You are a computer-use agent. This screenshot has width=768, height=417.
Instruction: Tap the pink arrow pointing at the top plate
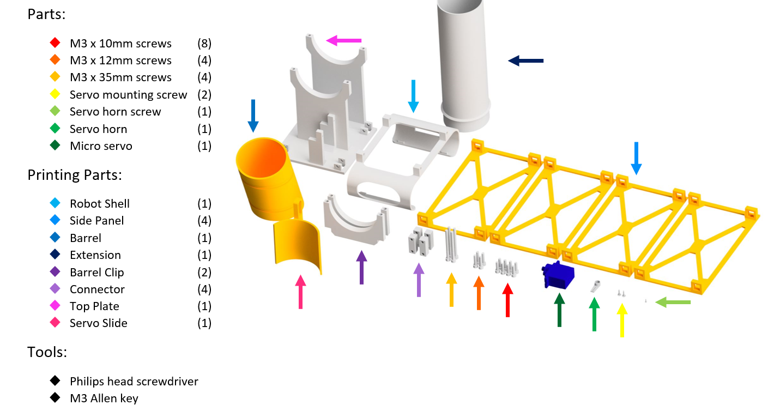point(344,40)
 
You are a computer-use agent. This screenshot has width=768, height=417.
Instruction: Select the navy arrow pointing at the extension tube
point(525,61)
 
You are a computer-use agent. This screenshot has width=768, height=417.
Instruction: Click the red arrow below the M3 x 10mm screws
point(507,299)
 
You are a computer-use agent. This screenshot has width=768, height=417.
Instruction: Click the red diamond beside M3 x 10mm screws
point(55,43)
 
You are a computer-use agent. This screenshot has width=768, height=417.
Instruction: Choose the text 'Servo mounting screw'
point(128,95)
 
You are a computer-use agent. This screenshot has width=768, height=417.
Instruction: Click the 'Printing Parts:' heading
point(75,175)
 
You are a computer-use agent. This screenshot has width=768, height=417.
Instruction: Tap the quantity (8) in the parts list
point(204,44)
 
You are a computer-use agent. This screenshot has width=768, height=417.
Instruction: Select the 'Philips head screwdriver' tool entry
point(134,382)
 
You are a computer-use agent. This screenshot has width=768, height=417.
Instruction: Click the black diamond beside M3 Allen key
point(55,398)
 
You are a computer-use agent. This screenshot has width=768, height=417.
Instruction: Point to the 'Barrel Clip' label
point(96,272)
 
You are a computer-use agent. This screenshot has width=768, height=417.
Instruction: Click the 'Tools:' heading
point(47,352)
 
